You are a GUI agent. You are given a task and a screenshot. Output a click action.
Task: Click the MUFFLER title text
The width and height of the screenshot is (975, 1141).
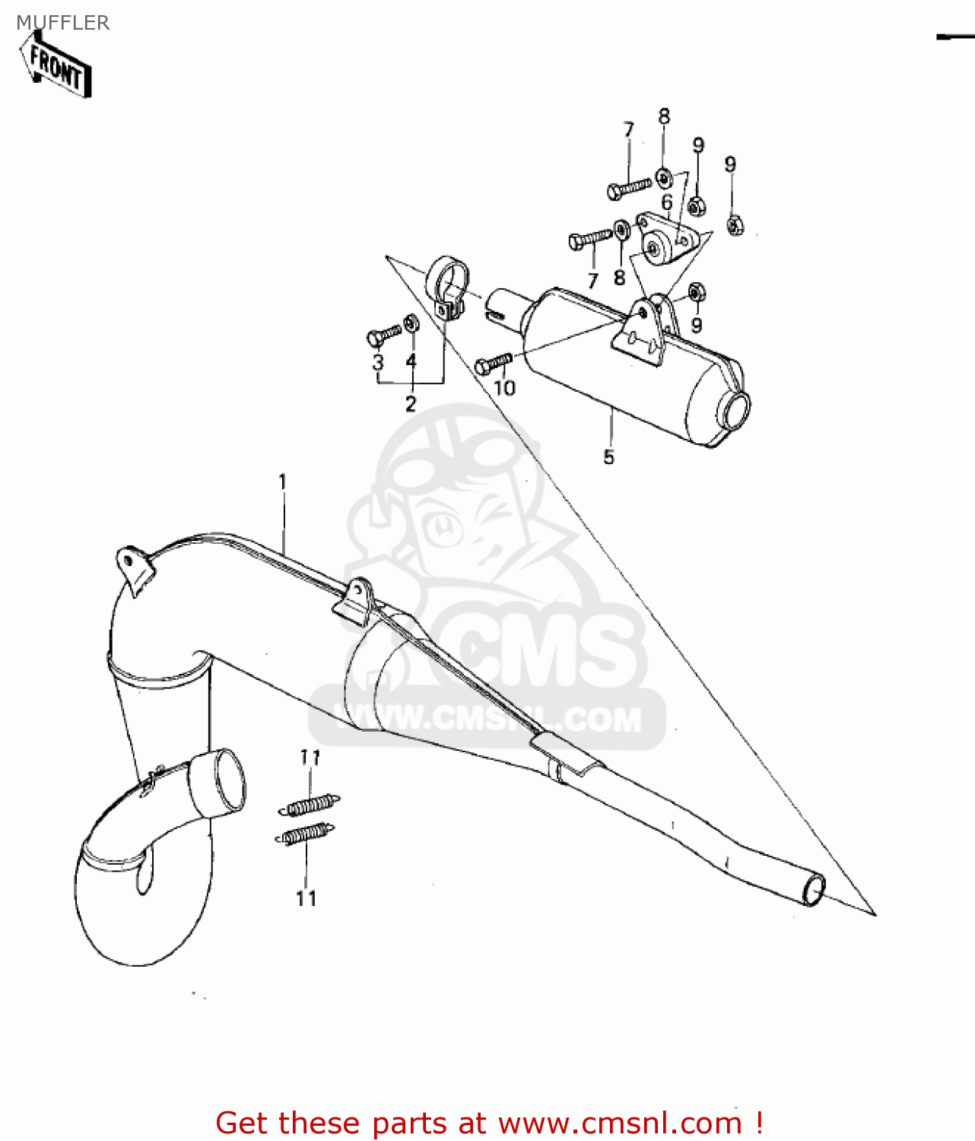point(63,23)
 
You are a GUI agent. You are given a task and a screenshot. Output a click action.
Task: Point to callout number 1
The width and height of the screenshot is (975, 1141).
point(283,482)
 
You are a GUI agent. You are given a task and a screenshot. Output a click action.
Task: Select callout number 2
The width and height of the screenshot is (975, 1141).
point(411,404)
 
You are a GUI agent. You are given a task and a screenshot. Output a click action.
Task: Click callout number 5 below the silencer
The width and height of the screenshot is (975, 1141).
point(608,457)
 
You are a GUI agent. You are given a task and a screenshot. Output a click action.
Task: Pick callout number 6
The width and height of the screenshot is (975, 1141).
point(667,202)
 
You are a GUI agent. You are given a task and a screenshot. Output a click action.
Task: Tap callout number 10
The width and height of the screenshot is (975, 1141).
point(504,388)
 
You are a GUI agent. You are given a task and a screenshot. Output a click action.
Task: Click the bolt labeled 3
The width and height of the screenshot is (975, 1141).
point(383,335)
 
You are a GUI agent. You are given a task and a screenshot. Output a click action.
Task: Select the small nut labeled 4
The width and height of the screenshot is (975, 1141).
point(411,323)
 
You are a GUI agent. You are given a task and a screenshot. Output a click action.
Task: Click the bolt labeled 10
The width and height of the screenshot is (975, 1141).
point(493,363)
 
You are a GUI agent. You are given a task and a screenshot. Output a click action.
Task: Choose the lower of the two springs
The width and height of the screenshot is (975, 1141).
point(304,834)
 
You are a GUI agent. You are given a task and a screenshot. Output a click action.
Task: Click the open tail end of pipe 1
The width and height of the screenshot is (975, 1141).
point(813,888)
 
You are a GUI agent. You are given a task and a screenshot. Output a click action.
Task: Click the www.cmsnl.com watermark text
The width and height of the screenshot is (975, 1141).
point(487,719)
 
